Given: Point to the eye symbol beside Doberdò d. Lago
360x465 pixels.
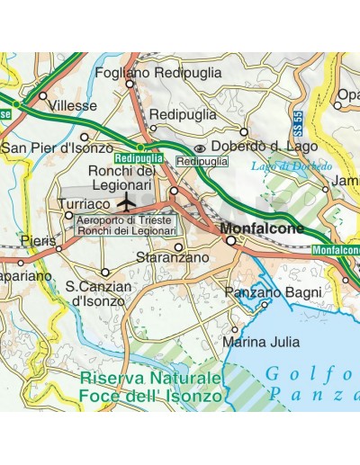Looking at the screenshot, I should click(x=200, y=148).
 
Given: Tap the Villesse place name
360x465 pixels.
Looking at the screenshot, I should click(x=73, y=105).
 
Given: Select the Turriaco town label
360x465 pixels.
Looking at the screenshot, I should click(x=84, y=204).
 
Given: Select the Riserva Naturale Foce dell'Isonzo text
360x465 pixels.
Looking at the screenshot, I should click(x=148, y=386).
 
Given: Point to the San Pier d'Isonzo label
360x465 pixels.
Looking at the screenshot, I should click(x=58, y=148).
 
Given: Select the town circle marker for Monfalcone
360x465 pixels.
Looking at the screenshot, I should click(x=230, y=241).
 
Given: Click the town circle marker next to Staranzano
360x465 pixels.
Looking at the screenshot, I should click(x=178, y=246).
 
